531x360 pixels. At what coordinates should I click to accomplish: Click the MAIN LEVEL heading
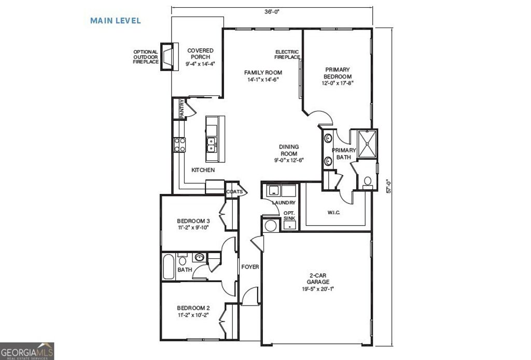pos(116,21)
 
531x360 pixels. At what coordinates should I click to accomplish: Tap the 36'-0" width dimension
pos(272,11)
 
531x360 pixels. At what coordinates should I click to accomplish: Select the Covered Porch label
pos(200,57)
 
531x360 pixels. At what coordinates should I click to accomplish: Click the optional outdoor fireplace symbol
pos(167,56)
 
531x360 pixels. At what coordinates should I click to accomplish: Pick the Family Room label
pos(263,76)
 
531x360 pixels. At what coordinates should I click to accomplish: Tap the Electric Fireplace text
pos(287,54)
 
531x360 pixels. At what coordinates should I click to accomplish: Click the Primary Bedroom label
pos(337,76)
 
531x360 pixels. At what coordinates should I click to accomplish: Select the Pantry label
pos(182,109)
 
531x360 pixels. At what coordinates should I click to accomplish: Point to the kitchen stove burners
pos(180,144)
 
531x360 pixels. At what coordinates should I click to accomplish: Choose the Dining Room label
pos(289,154)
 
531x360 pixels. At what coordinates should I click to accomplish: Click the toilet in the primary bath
pos(368,182)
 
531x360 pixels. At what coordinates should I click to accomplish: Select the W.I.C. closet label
pos(333,212)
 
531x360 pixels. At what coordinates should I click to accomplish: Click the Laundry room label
pos(284,203)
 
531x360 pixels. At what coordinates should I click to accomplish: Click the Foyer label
pos(250,267)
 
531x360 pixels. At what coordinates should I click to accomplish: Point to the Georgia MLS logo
pos(27,351)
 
